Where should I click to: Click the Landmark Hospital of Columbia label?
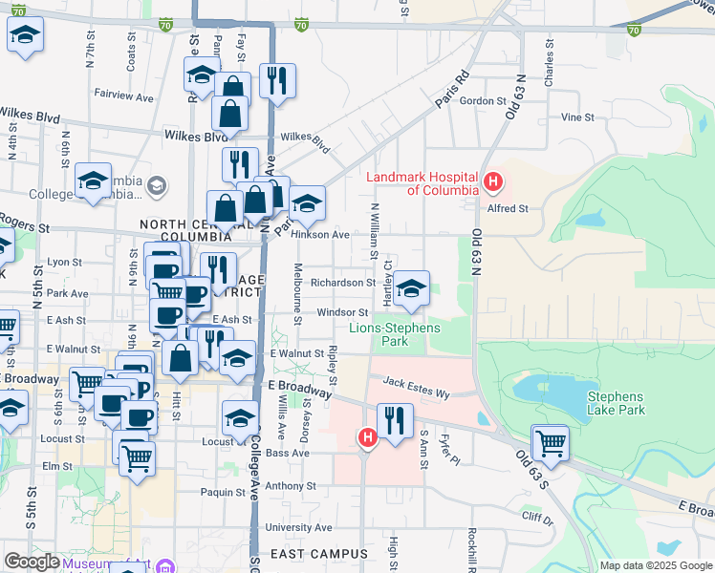pyautogui.click(x=422, y=183)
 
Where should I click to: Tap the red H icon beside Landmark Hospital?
pyautogui.click(x=493, y=180)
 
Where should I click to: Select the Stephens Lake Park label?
pyautogui.click(x=616, y=403)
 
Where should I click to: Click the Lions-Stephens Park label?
pyautogui.click(x=395, y=334)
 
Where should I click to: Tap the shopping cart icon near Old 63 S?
pyautogui.click(x=551, y=442)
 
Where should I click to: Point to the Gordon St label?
pyautogui.click(x=482, y=101)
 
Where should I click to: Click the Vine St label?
pyautogui.click(x=577, y=117)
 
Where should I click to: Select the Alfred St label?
pyautogui.click(x=508, y=208)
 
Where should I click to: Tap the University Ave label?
pyautogui.click(x=298, y=527)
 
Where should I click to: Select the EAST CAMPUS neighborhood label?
pyautogui.click(x=318, y=554)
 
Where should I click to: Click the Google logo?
pyautogui.click(x=32, y=562)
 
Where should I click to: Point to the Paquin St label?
pyautogui.click(x=224, y=493)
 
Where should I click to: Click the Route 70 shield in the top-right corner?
pyautogui.click(x=634, y=31)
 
